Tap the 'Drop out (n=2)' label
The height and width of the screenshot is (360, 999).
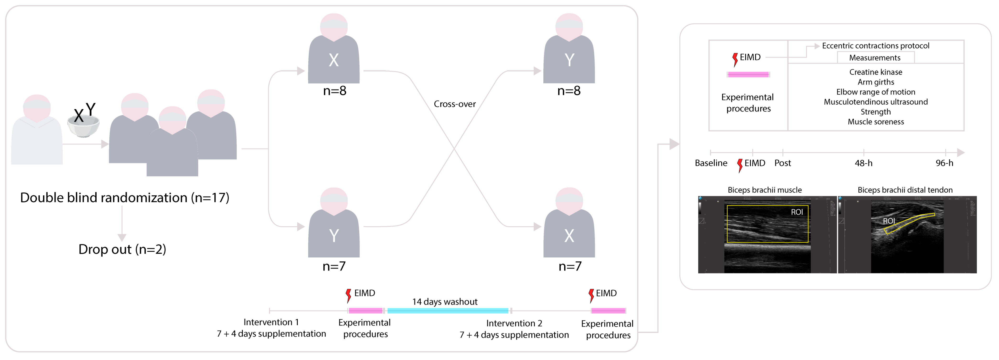pyautogui.click(x=122, y=249)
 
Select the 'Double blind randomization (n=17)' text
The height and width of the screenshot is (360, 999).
pyautogui.click(x=125, y=197)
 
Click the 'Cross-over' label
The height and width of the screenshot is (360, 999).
pyautogui.click(x=454, y=104)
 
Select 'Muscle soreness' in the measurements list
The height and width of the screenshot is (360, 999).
pyautogui.click(x=875, y=122)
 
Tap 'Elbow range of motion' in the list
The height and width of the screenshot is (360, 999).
pyautogui.click(x=875, y=92)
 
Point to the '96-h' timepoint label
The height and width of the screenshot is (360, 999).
pyautogui.click(x=944, y=163)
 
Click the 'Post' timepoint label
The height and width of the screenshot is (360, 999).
pyautogui.click(x=782, y=163)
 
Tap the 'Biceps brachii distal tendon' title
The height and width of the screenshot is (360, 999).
pyautogui.click(x=905, y=190)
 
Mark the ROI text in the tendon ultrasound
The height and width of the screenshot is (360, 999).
pyautogui.click(x=889, y=221)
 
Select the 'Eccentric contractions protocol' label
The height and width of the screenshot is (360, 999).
pyautogui.click(x=875, y=46)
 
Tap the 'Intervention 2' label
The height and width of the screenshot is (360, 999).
pyautogui.click(x=514, y=323)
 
